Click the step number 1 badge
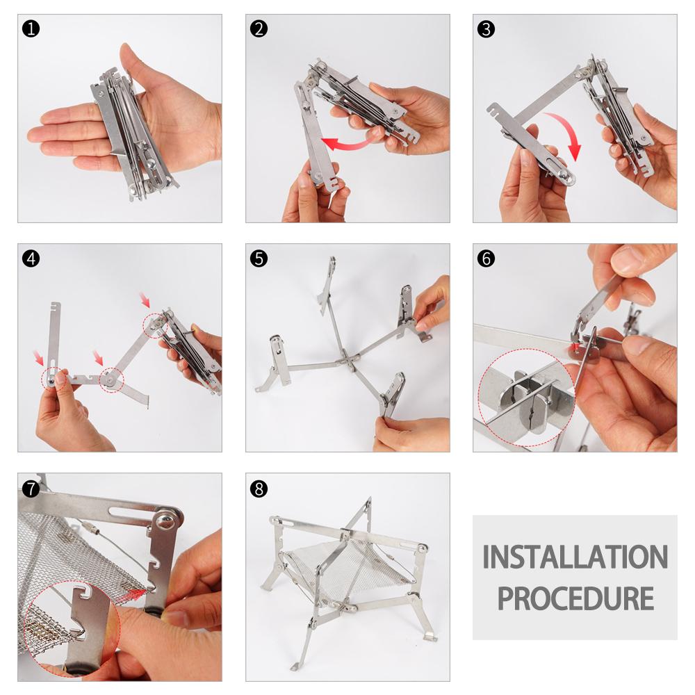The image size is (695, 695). [x=31, y=28]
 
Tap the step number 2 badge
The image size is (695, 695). [x=259, y=28]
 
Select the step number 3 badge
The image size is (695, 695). [x=486, y=28]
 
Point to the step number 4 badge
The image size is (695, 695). [x=31, y=259]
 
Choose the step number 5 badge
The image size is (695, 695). [x=259, y=259]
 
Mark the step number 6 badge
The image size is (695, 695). [x=486, y=259]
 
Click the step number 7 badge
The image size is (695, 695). [x=31, y=489]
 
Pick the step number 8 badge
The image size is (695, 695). [x=259, y=489]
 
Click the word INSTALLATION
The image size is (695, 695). [x=575, y=557]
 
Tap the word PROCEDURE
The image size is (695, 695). [x=575, y=598]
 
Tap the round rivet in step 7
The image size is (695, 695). [x=165, y=520]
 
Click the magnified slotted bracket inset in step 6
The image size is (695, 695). [x=526, y=397]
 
